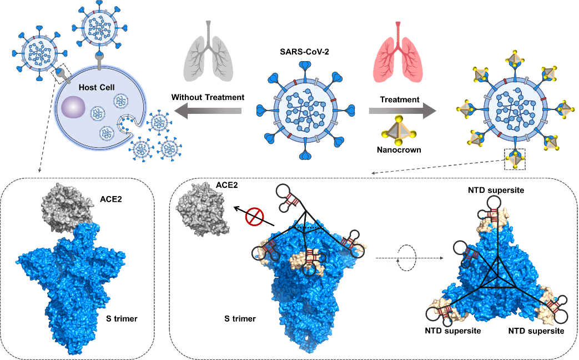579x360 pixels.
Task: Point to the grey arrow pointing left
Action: click(208, 112)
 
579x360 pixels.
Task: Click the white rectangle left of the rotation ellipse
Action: click(392, 258)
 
